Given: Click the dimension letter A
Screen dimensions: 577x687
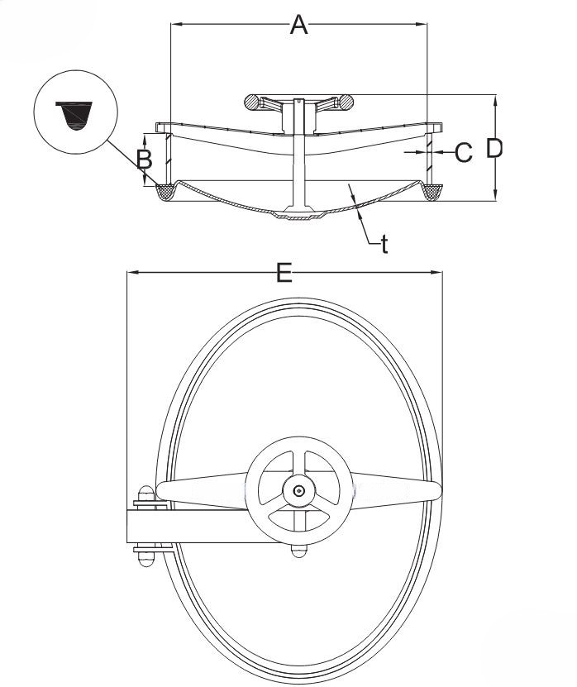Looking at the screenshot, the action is coord(298,25).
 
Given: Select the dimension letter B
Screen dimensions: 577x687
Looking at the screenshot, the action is coord(144,159).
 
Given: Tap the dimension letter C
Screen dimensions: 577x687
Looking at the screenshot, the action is coord(463,152).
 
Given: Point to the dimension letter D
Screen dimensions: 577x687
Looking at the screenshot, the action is coord(494,148).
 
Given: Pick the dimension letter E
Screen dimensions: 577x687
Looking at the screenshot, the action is coord(284,273).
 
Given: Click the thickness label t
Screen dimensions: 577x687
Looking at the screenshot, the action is coord(384,244).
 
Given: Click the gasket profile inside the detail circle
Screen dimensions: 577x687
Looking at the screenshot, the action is coord(74,116).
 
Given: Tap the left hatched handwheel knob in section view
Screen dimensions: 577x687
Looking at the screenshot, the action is coord(252,103).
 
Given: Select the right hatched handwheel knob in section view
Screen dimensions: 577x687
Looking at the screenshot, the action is coord(345,103).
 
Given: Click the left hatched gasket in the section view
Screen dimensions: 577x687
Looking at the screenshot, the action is coord(165,192).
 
